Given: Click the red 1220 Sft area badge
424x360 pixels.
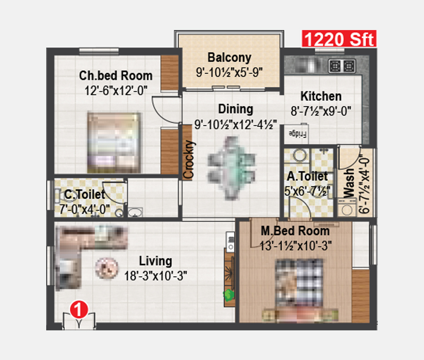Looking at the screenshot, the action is [339, 39].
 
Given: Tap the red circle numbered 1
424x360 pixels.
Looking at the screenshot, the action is [79, 309].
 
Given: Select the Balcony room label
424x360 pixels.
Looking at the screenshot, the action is [229, 57].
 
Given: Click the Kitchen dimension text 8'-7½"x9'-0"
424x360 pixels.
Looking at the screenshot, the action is [321, 111].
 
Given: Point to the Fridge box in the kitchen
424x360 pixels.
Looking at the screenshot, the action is [296, 134].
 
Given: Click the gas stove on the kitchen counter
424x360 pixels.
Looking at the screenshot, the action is [342, 66].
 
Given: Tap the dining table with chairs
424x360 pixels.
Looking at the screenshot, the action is [232, 168].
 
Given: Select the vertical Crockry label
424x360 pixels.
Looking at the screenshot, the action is [188, 159].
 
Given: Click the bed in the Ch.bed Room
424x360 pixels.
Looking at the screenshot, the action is [114, 143].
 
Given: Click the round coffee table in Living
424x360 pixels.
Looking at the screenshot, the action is [106, 268].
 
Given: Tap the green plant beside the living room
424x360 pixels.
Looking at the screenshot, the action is [229, 295].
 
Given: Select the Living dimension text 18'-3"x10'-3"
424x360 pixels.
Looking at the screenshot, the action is [156, 276].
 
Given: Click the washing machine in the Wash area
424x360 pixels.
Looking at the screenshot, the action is [347, 208].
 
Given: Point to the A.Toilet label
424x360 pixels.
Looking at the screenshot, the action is [307, 176].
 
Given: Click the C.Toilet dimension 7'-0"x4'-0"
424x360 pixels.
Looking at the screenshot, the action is [85, 209].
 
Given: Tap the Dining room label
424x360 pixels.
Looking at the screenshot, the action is [235, 109].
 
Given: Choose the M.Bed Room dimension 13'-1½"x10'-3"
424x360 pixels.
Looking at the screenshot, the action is [296, 246].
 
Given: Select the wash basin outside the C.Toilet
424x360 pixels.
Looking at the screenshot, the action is [135, 213].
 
